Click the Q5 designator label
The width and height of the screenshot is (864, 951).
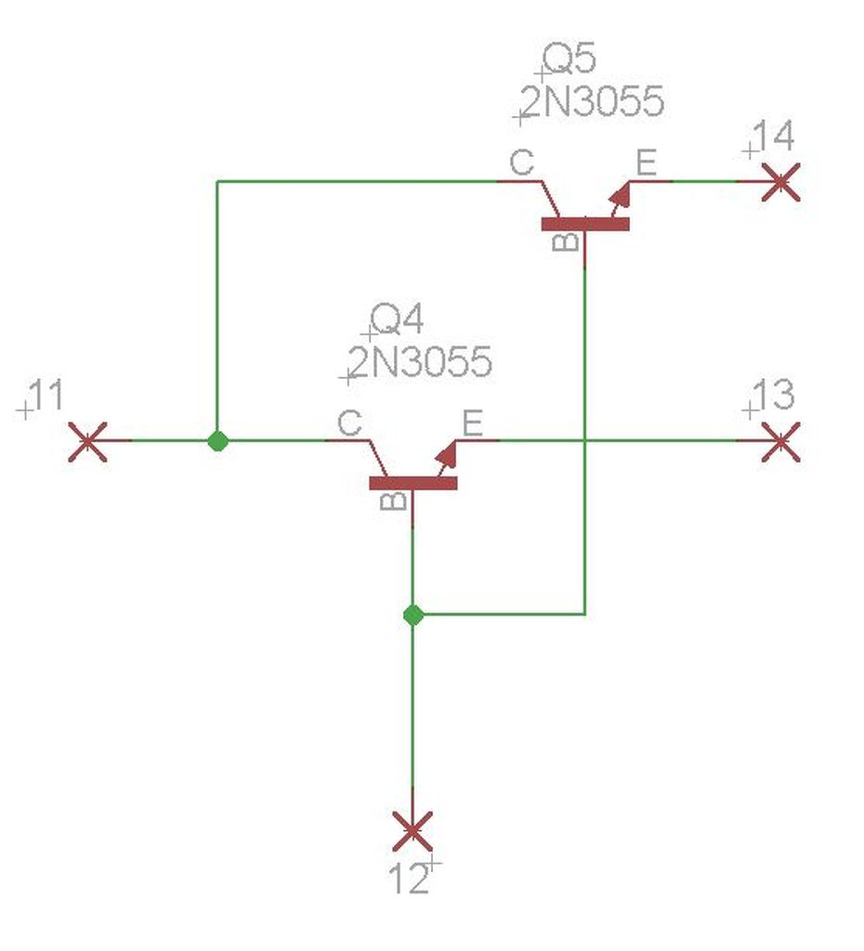[x=569, y=59]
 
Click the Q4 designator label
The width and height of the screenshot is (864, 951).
[x=397, y=320]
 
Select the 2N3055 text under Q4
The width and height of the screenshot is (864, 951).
[x=421, y=362]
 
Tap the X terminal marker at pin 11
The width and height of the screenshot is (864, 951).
[x=88, y=440]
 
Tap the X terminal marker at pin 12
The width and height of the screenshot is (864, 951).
[x=412, y=830]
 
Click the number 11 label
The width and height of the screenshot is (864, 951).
[x=46, y=397]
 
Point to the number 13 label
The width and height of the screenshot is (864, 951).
[x=773, y=397]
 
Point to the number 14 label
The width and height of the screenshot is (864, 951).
[x=773, y=137]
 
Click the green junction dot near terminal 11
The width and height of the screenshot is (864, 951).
[x=217, y=441]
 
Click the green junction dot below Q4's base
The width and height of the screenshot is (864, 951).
[x=413, y=615]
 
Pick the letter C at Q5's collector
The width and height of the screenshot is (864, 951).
[x=522, y=164]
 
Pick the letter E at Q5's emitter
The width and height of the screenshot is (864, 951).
[x=645, y=164]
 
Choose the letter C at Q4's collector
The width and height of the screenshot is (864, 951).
[x=349, y=423]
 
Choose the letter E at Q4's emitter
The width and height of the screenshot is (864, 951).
[x=472, y=423]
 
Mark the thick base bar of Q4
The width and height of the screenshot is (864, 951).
[x=413, y=483]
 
